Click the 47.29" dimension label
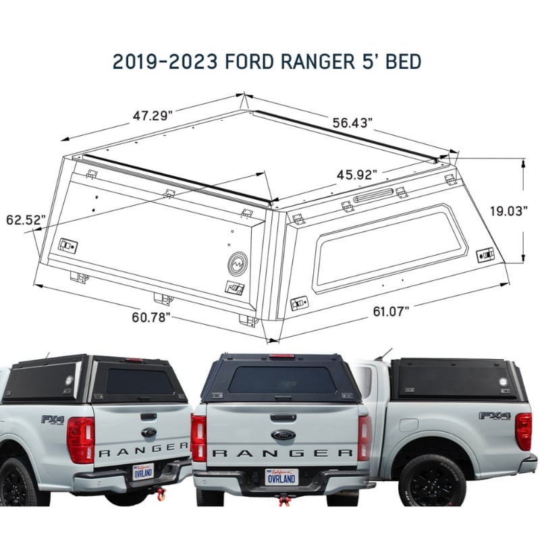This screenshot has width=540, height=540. (x=153, y=115)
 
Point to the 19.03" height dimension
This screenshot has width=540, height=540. (x=508, y=211)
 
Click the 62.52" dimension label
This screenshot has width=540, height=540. (x=26, y=219)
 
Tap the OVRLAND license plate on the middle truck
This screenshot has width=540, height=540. (x=281, y=477)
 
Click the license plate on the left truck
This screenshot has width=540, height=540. (x=143, y=470)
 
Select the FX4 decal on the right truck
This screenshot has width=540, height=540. (x=495, y=415)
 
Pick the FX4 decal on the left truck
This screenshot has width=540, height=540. (x=52, y=419)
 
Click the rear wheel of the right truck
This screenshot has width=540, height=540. (x=432, y=480)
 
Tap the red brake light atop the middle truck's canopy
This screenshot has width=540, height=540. (x=281, y=356)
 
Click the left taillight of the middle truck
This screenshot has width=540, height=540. (x=198, y=438)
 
